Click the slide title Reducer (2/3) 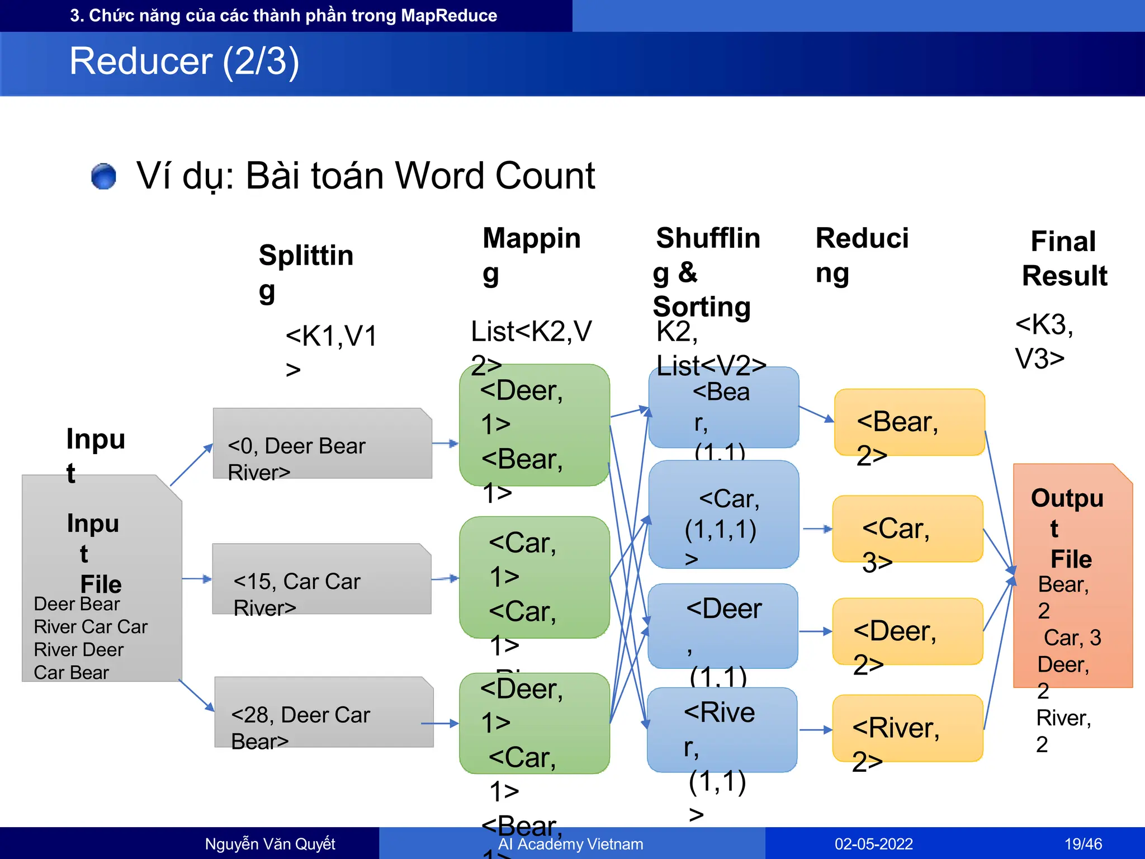[184, 61]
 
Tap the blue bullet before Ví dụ [103, 177]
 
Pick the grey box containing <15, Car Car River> [321, 579]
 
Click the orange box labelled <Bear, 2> [909, 422]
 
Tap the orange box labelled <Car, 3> [907, 528]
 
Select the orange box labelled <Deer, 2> [907, 631]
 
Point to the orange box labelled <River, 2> [907, 728]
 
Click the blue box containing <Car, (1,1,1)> [723, 515]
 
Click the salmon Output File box [1072, 576]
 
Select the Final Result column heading [1064, 258]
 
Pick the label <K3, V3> [1043, 341]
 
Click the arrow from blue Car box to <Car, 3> [817, 528]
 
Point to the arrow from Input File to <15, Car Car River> [197, 579]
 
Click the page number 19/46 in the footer [1083, 843]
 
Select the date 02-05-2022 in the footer [873, 843]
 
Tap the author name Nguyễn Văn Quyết [270, 843]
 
